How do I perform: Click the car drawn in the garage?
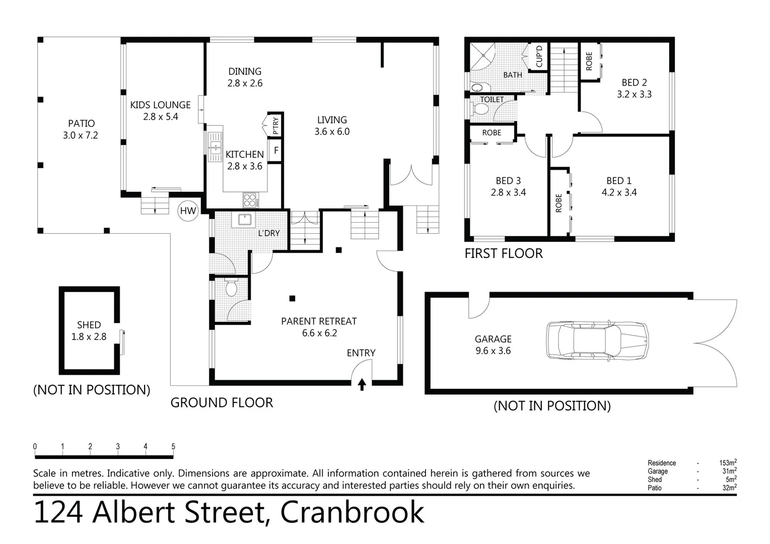click(597, 341)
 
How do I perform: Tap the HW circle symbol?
click(188, 211)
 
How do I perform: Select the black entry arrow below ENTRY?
click(362, 385)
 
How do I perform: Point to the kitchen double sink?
click(216, 147)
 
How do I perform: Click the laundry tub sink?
click(245, 220)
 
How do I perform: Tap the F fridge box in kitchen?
click(275, 151)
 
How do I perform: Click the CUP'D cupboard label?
click(539, 56)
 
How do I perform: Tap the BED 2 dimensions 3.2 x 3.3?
click(634, 94)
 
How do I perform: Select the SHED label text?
click(89, 325)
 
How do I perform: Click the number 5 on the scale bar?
click(173, 446)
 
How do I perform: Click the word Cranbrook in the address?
click(352, 513)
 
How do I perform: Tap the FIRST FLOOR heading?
click(504, 253)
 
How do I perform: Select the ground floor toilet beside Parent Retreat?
click(231, 289)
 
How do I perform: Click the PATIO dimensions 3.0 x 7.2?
click(81, 135)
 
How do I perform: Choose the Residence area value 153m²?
click(728, 462)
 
